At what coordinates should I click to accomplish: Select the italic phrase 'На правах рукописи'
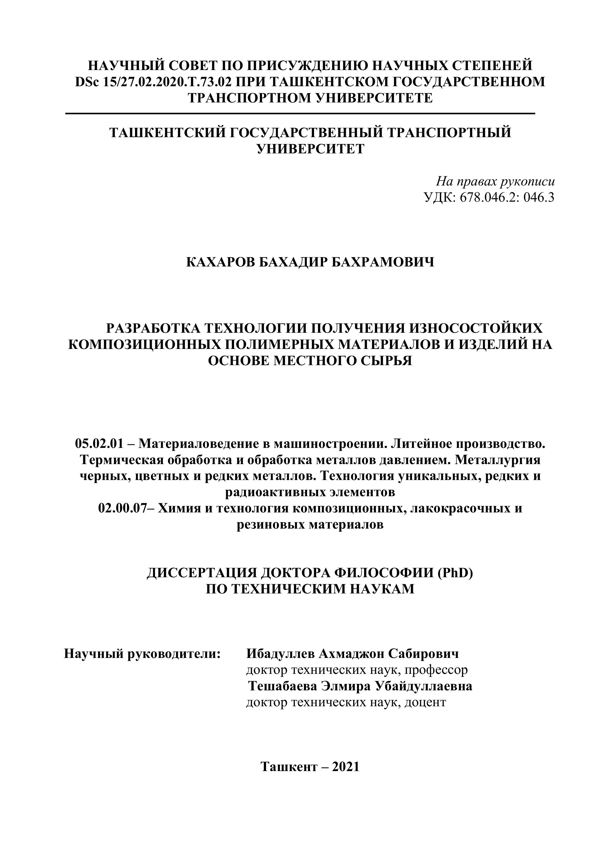tap(495, 181)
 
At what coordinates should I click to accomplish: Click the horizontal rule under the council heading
tap(300, 113)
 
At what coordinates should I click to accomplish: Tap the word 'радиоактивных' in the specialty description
tap(272, 492)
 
